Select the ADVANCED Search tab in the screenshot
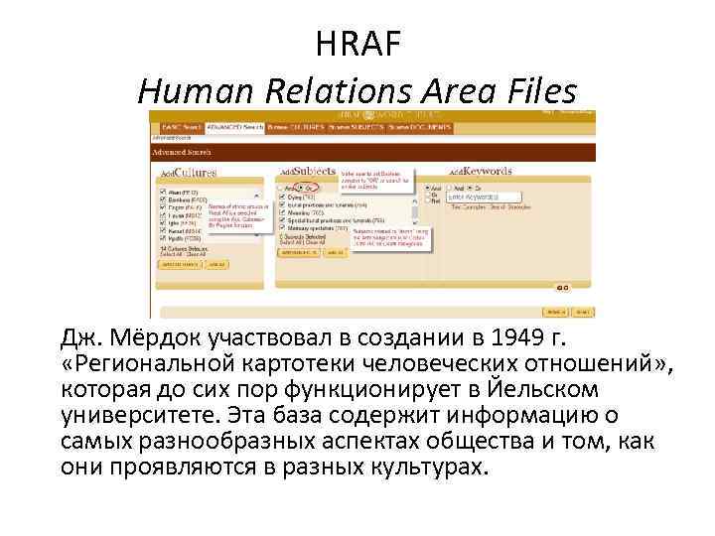(x=234, y=127)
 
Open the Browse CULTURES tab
(x=295, y=127)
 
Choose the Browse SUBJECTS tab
(x=355, y=127)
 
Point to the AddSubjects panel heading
(x=309, y=171)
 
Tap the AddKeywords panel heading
(x=479, y=171)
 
